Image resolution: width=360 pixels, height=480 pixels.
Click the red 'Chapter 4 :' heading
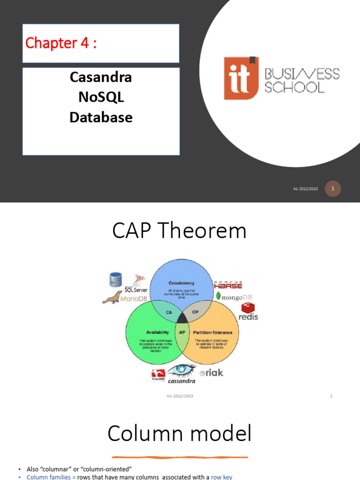click(x=61, y=43)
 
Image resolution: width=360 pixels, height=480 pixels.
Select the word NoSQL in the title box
click(x=101, y=97)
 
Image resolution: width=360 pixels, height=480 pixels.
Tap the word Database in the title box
click(x=101, y=117)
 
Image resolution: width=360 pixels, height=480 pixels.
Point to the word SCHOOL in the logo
click(x=295, y=88)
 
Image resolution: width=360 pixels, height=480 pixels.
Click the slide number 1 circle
click(x=333, y=188)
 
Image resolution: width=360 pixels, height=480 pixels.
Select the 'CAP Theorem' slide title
click(x=180, y=231)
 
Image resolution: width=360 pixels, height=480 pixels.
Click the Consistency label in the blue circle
click(x=181, y=283)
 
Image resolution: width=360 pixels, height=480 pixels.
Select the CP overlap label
click(x=196, y=312)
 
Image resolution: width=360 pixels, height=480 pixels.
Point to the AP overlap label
click(x=182, y=332)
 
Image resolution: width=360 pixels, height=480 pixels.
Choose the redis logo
click(x=248, y=312)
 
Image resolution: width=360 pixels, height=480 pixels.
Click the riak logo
click(x=211, y=373)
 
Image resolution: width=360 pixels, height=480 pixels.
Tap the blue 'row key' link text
click(x=221, y=477)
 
